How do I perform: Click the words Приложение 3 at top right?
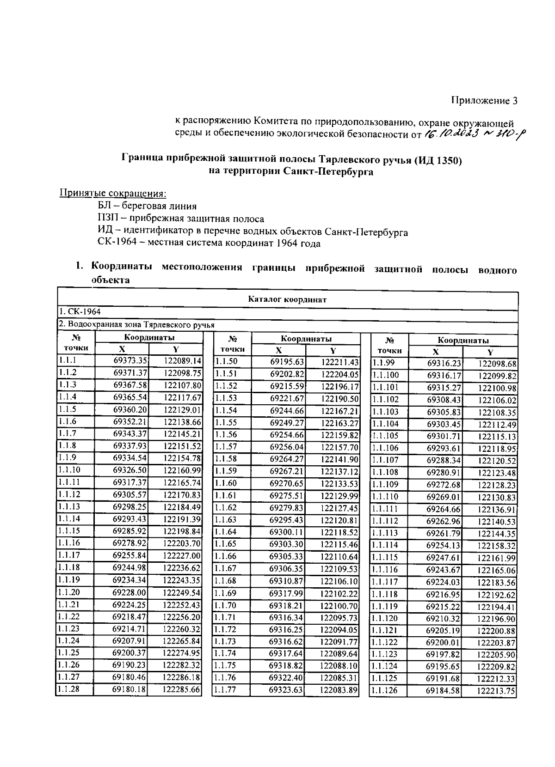coord(484,101)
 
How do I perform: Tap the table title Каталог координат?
coord(287,299)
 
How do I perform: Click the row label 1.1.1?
coord(68,360)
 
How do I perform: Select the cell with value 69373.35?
coord(130,361)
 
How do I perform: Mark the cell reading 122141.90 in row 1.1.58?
coord(339,459)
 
